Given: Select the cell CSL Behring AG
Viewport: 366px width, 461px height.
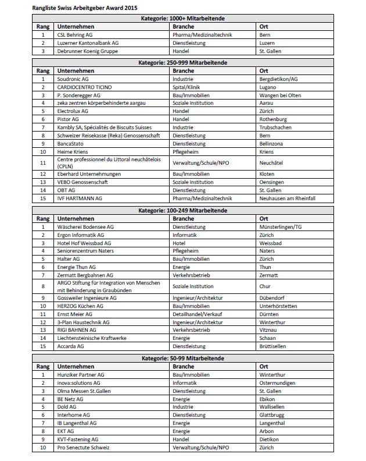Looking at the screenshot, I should [x=75, y=35].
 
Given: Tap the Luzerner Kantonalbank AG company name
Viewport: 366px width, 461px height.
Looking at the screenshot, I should [x=88, y=43].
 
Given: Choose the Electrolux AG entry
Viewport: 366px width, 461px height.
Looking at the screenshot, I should [x=73, y=111].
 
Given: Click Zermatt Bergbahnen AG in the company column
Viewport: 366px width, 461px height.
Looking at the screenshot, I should [x=85, y=274].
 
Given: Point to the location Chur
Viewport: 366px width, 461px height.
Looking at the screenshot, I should [x=266, y=286].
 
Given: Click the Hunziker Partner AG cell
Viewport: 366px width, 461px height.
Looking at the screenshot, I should [x=81, y=375].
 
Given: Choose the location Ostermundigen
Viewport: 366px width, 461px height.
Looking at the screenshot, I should [x=278, y=383].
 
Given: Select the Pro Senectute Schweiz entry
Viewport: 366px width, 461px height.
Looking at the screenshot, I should [x=83, y=448].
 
